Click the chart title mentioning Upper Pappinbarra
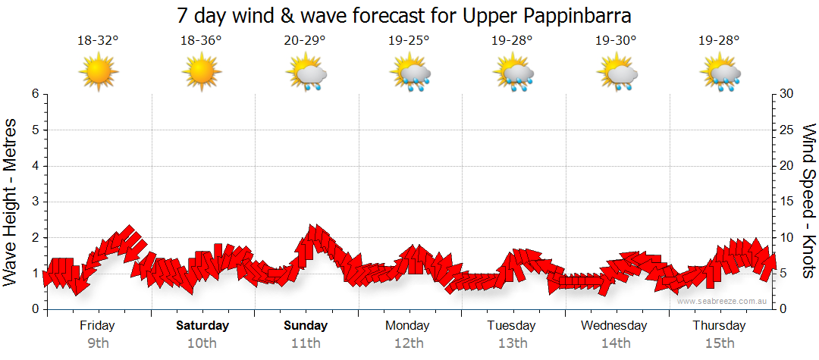[404, 15]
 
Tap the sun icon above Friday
[98, 73]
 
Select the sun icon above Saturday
[202, 73]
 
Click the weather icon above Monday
[410, 74]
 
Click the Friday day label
[98, 326]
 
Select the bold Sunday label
[306, 326]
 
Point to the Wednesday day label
[614, 326]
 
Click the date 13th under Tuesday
[513, 343]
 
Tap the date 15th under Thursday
[720, 343]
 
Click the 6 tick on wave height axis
[35, 94]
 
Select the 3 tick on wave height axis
[35, 202]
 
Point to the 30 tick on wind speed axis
[788, 94]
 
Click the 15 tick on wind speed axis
[788, 202]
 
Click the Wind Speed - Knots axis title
[808, 201]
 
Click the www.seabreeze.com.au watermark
[723, 301]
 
